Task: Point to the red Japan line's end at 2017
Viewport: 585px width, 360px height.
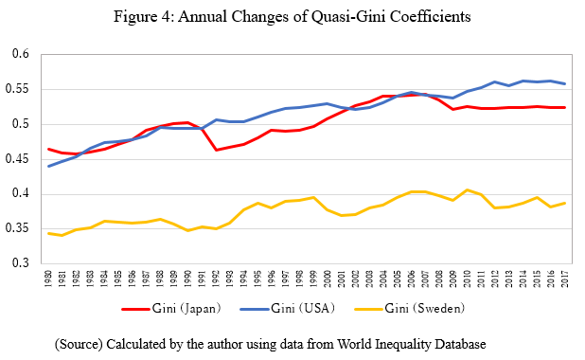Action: click(x=564, y=107)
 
